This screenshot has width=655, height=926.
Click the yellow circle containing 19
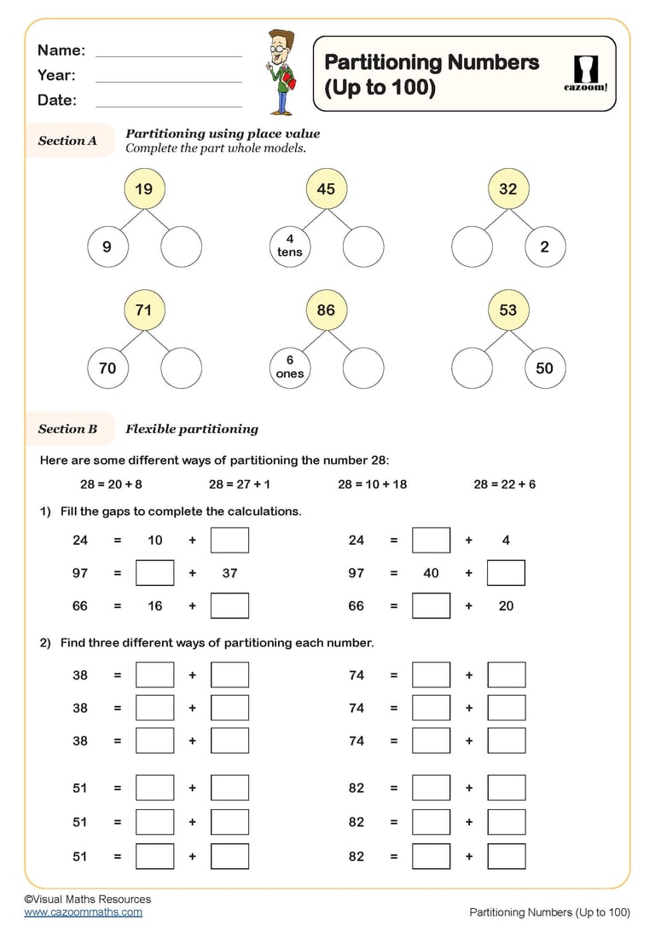143,189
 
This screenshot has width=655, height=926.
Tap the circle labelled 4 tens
290,246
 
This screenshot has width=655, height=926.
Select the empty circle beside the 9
181,247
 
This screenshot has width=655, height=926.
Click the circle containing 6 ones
290,368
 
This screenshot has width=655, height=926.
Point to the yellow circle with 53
508,310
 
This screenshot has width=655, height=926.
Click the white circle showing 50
544,368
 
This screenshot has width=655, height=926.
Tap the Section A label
67,141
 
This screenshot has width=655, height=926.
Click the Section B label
67,429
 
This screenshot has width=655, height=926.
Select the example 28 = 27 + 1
240,484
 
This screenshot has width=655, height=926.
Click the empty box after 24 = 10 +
229,540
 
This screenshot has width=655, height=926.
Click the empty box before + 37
154,573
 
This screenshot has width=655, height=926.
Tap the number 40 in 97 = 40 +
431,573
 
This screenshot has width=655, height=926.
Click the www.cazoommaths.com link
83,912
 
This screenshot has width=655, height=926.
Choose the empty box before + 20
431,606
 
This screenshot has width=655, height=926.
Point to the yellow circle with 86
326,310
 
